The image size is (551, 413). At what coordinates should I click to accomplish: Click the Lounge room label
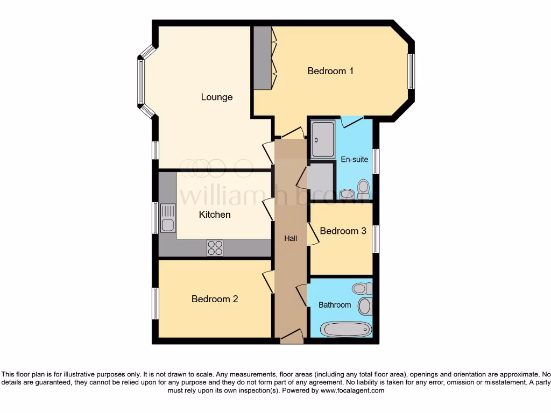click(x=217, y=97)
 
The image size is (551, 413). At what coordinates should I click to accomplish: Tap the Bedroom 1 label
click(x=330, y=71)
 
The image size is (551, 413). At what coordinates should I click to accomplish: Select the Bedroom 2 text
click(x=215, y=299)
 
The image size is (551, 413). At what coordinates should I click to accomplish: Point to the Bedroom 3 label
click(x=343, y=231)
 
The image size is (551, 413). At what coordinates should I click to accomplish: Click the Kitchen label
click(x=215, y=215)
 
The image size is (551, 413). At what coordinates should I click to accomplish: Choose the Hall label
click(x=291, y=238)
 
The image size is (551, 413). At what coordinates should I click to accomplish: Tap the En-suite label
click(x=355, y=160)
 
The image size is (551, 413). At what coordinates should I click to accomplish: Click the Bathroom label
click(x=335, y=305)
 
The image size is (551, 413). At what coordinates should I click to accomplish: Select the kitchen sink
click(x=168, y=218)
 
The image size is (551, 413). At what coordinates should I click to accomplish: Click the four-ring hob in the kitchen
click(x=215, y=248)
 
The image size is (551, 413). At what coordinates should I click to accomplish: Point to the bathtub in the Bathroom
click(x=345, y=329)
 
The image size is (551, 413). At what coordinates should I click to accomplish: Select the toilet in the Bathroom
click(x=362, y=289)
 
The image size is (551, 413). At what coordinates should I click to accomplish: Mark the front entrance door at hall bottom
click(x=291, y=338)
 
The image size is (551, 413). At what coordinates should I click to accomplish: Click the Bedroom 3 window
click(x=376, y=239)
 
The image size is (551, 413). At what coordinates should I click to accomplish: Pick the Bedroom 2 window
click(x=155, y=303)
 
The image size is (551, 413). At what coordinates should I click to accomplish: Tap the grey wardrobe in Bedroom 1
click(x=263, y=58)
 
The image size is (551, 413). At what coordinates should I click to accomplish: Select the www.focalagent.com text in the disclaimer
click(x=352, y=390)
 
